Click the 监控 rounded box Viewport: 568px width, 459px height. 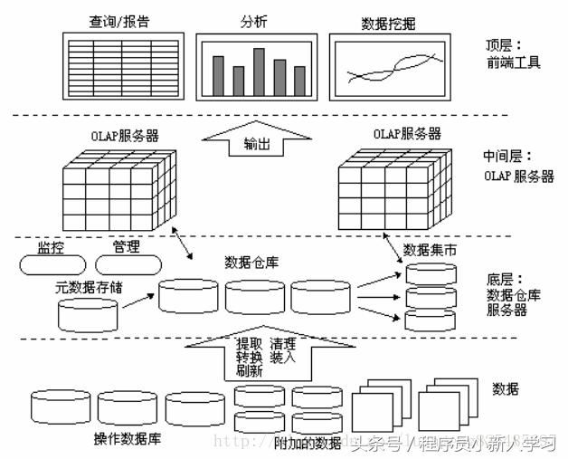click(x=51, y=264)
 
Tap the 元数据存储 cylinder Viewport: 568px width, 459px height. click(x=88, y=313)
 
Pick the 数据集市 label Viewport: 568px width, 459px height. click(x=429, y=249)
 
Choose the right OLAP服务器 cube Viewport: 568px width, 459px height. click(x=394, y=187)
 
